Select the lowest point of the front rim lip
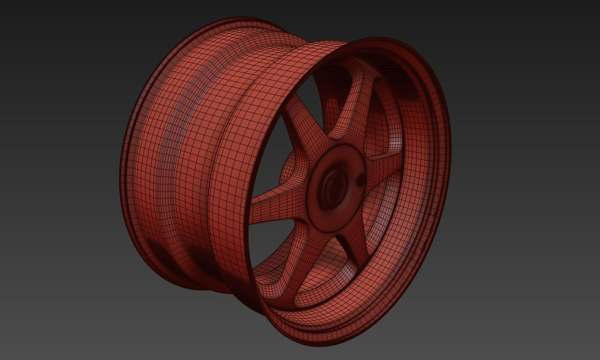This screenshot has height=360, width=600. point(318,345)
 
